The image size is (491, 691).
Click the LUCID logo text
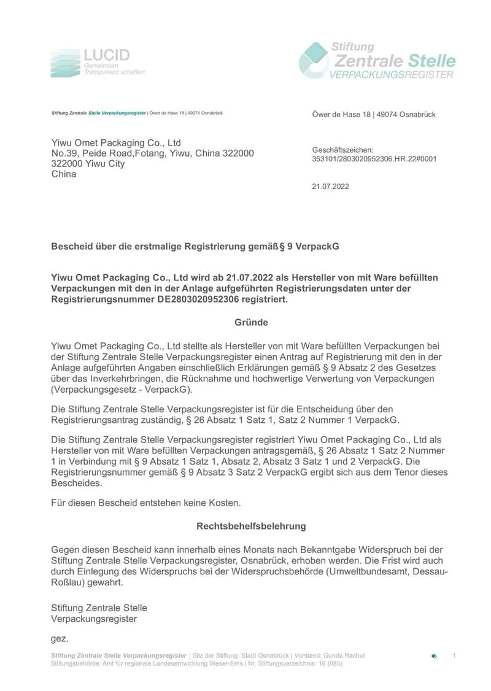pyautogui.click(x=107, y=55)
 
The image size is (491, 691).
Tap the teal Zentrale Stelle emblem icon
pyautogui.click(x=314, y=60)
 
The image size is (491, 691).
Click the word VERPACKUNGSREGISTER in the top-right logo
pyautogui.click(x=392, y=75)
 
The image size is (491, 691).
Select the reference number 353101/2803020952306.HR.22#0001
pyautogui.click(x=374, y=158)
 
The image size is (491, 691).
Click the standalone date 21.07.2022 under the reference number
pyautogui.click(x=330, y=186)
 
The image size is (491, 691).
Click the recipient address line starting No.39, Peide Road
pyautogui.click(x=152, y=153)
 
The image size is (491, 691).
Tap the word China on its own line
pyautogui.click(x=64, y=174)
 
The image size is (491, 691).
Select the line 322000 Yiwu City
pyautogui.click(x=88, y=164)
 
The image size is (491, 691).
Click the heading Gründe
pyautogui.click(x=251, y=322)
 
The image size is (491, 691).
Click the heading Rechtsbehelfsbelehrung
pyautogui.click(x=251, y=526)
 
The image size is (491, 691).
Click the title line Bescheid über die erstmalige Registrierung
pyautogui.click(x=195, y=246)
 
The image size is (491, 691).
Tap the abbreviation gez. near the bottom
pyautogui.click(x=59, y=639)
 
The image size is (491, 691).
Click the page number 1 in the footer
pyautogui.click(x=454, y=656)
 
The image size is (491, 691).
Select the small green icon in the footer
pyautogui.click(x=434, y=656)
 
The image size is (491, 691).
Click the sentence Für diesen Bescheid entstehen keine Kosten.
pyautogui.click(x=146, y=503)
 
